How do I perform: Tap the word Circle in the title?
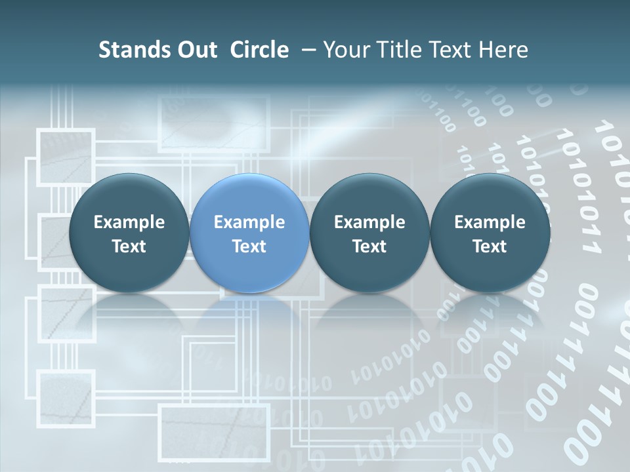[259, 50]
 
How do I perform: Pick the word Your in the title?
[346, 50]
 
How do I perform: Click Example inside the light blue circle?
[249, 222]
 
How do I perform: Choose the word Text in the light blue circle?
[249, 246]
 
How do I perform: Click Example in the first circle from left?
[129, 222]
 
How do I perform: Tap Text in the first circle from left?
[129, 246]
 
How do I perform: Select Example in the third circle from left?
[369, 222]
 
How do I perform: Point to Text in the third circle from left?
[369, 246]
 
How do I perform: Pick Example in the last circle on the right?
[490, 222]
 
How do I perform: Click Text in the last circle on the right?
[490, 246]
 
